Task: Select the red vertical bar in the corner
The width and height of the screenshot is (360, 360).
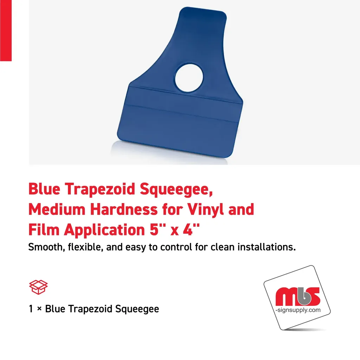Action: click(6, 30)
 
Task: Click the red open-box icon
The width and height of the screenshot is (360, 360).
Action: click(38, 287)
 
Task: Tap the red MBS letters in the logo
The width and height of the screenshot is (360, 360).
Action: click(297, 297)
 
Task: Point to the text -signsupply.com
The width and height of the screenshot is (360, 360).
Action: click(298, 310)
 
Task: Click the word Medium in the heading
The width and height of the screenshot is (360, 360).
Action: click(57, 210)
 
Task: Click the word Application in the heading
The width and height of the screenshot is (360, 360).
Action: click(102, 231)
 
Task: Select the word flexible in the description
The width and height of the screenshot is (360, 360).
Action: click(84, 247)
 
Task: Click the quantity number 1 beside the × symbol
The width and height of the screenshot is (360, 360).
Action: click(31, 309)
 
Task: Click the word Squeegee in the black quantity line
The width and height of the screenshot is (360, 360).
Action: click(140, 309)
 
